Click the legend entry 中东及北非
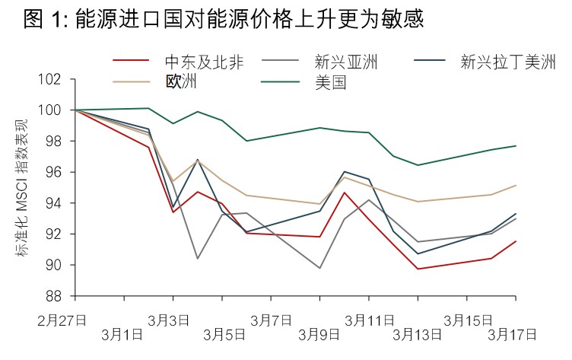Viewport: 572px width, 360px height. (x=204, y=62)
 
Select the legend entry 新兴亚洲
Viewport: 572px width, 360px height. (x=345, y=62)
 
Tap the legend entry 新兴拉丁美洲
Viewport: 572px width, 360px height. (x=508, y=62)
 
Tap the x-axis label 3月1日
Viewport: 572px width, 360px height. (x=122, y=333)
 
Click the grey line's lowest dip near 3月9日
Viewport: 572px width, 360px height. (x=319, y=268)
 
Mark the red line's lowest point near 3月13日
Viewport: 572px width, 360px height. (x=418, y=269)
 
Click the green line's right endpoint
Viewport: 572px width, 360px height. (x=516, y=145)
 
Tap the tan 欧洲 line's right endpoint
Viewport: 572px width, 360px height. (x=516, y=185)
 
